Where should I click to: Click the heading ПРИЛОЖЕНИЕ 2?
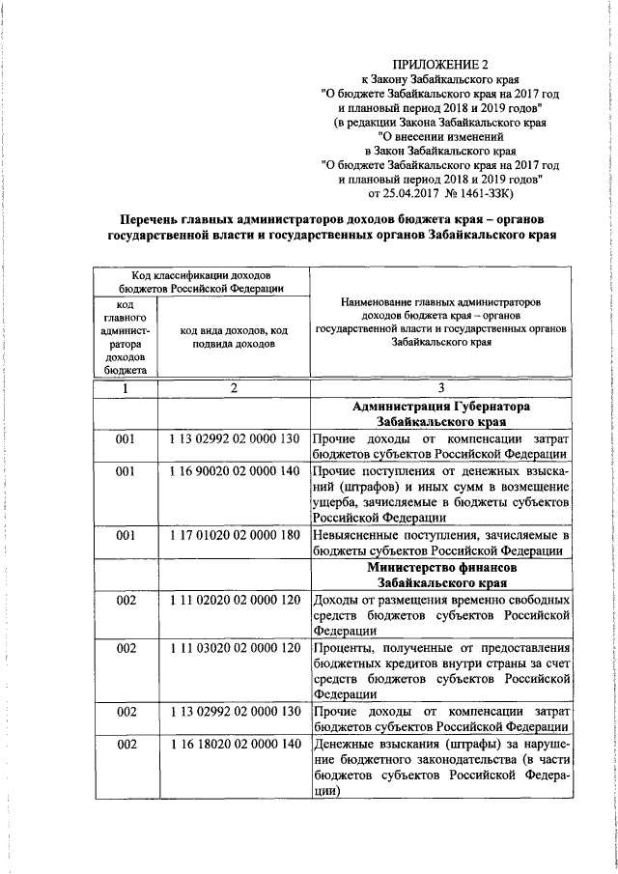pos(440,66)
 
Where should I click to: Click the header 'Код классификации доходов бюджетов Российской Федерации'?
pos(201,280)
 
